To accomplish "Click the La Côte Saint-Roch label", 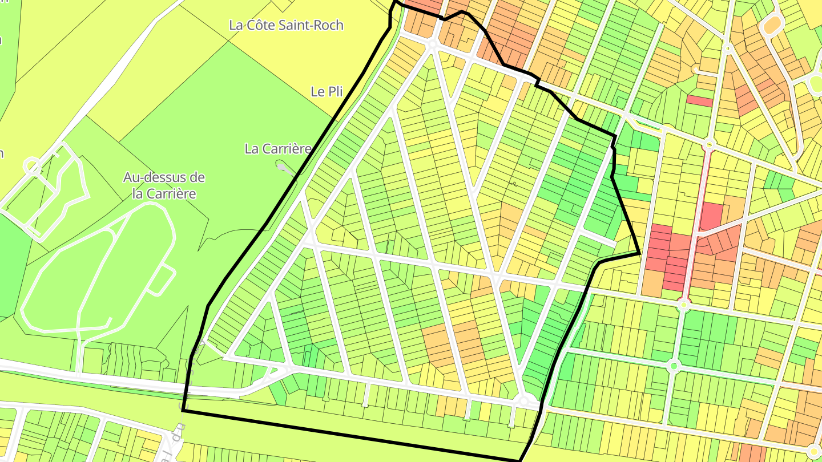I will pos(286,25).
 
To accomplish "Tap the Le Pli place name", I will pos(327,91).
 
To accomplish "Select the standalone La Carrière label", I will pos(278,149).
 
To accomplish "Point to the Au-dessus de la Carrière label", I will pos(164,185).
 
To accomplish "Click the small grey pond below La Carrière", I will pos(283,166).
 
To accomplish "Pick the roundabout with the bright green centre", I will pos(674,365).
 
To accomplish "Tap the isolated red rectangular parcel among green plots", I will pos(699,101).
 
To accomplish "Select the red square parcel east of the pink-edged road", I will pos(711,216).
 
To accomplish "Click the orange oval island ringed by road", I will pos(772,25).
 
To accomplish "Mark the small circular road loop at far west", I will pos(32,166).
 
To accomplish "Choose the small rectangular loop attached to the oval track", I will pos(162,280).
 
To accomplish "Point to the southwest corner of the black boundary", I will pos(183,410).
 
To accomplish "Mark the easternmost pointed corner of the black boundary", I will pos(639,253).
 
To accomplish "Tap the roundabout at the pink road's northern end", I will pos(710,144).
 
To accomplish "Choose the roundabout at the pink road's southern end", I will pos(684,305).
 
